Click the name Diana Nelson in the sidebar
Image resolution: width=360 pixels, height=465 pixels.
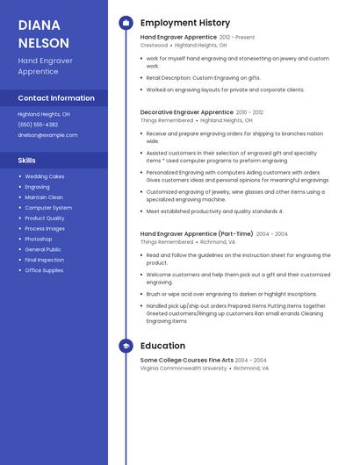click(x=43, y=33)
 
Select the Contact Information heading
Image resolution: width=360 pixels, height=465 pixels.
click(x=56, y=98)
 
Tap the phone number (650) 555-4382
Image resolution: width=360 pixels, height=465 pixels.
click(x=38, y=125)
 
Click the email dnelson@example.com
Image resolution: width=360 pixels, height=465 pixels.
click(x=47, y=135)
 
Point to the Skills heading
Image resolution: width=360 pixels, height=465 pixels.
click(x=27, y=161)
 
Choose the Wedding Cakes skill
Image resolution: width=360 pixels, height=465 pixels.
click(x=45, y=176)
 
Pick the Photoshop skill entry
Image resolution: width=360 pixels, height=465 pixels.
click(x=39, y=239)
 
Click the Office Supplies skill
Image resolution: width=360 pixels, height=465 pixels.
click(x=44, y=270)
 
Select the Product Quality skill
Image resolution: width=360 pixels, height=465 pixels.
click(x=45, y=218)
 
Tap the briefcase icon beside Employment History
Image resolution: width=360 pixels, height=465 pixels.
click(x=126, y=23)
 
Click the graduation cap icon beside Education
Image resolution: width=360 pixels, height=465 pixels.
click(x=126, y=346)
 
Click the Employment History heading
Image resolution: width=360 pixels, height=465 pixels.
click(x=185, y=23)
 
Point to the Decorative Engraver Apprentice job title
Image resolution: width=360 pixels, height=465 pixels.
click(x=186, y=112)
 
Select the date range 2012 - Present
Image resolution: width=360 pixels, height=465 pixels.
click(x=237, y=38)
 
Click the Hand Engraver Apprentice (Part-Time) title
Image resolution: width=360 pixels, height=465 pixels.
click(x=197, y=234)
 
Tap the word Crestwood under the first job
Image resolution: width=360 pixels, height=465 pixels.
click(x=154, y=45)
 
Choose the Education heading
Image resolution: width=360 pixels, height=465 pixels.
click(x=162, y=346)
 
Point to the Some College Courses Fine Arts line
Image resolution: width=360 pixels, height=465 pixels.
click(x=185, y=361)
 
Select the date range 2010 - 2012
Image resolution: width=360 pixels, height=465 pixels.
click(x=249, y=112)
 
